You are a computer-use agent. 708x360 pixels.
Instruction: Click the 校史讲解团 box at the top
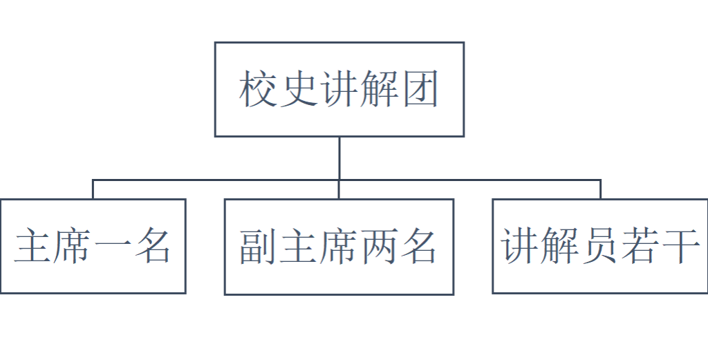pyautogui.click(x=339, y=89)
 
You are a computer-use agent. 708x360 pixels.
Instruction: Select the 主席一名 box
pyautogui.click(x=93, y=246)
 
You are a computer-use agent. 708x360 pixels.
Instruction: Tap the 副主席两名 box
pyautogui.click(x=339, y=247)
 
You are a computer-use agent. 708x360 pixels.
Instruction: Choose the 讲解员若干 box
pyautogui.click(x=600, y=246)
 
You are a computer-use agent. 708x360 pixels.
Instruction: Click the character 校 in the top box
pyautogui.click(x=258, y=89)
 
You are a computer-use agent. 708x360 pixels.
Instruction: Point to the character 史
pyautogui.click(x=299, y=89)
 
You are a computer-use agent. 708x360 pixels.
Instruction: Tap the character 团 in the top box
pyautogui.click(x=420, y=89)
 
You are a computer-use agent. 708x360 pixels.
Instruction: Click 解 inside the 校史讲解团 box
pyautogui.click(x=380, y=89)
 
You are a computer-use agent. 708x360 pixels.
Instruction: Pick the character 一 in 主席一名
pyautogui.click(x=113, y=247)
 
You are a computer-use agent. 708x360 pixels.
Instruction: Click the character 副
pyautogui.click(x=258, y=247)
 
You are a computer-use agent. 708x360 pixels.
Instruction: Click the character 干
pyautogui.click(x=679, y=246)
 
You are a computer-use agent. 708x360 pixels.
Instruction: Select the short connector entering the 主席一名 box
pyautogui.click(x=93, y=189)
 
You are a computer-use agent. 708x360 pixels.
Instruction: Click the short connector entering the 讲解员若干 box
pyautogui.click(x=600, y=189)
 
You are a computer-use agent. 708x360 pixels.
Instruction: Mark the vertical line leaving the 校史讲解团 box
pyautogui.click(x=339, y=158)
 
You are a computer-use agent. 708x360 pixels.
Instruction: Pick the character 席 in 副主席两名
pyautogui.click(x=338, y=247)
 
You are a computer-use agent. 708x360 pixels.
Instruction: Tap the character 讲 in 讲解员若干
pyautogui.click(x=520, y=246)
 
